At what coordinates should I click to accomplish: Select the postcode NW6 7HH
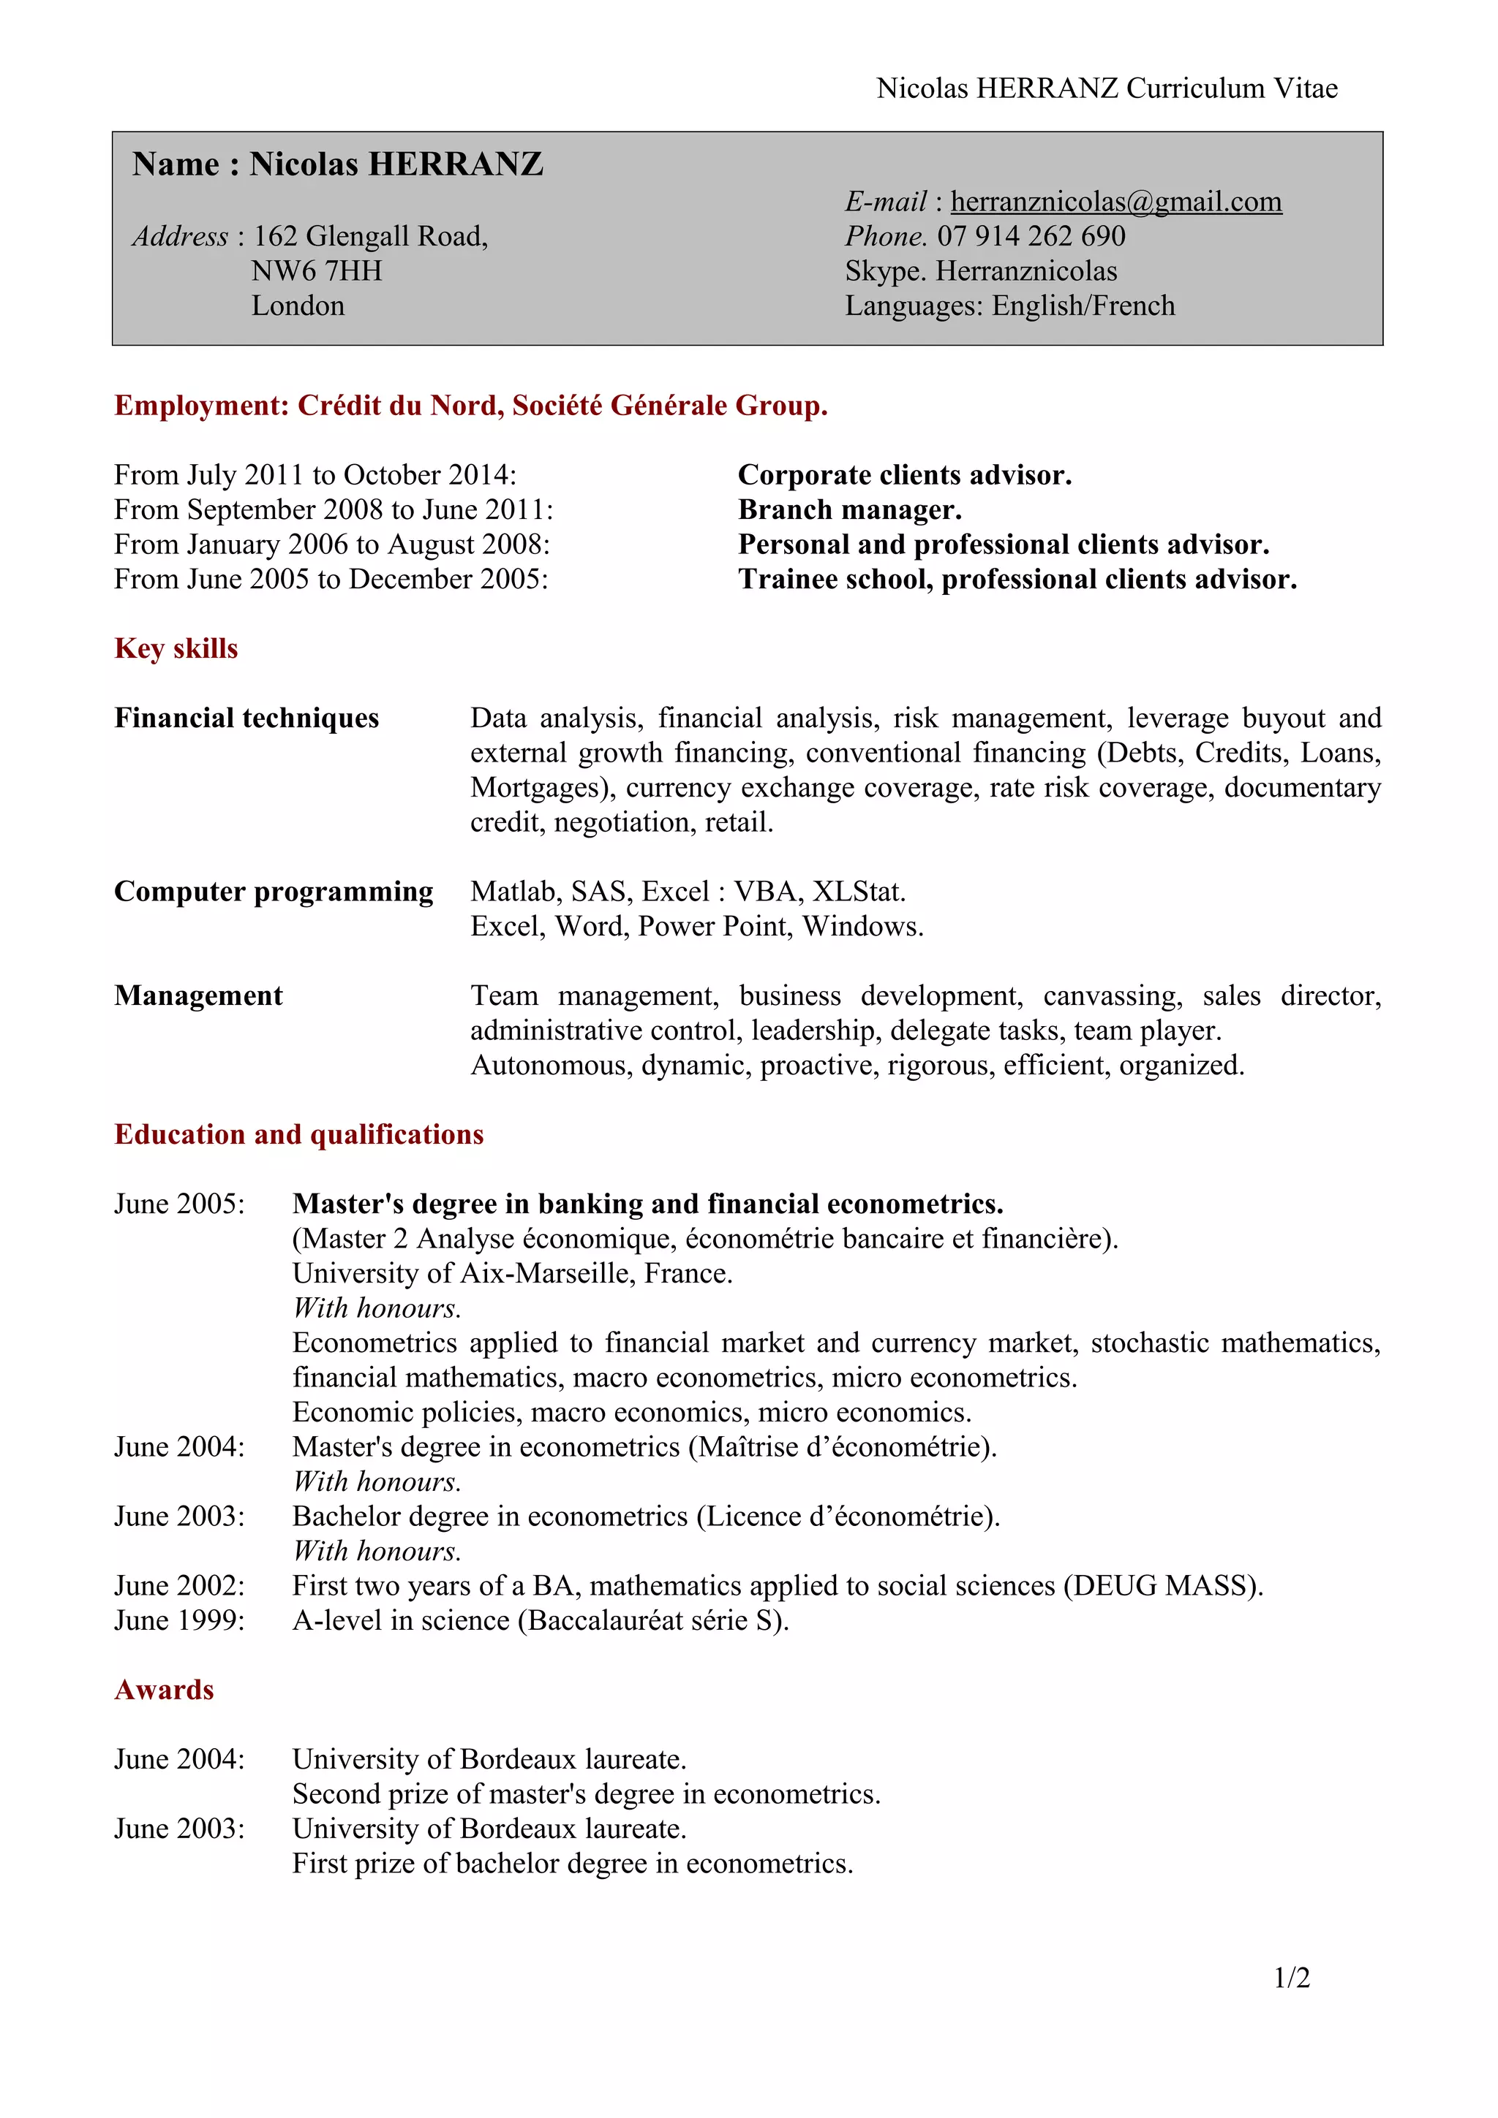tap(316, 271)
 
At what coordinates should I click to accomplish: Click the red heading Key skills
tap(176, 648)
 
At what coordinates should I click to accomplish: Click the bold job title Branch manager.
tap(849, 510)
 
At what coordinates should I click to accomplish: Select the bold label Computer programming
tap(274, 891)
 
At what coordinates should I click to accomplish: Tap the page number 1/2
tap(1291, 1977)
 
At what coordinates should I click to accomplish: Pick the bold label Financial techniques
tap(246, 718)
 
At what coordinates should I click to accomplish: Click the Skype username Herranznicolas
tap(1025, 271)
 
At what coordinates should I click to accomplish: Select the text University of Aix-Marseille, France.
tap(512, 1273)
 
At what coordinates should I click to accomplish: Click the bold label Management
tap(198, 995)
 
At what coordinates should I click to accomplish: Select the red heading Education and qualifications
tap(298, 1134)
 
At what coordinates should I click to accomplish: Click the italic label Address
tap(180, 236)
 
